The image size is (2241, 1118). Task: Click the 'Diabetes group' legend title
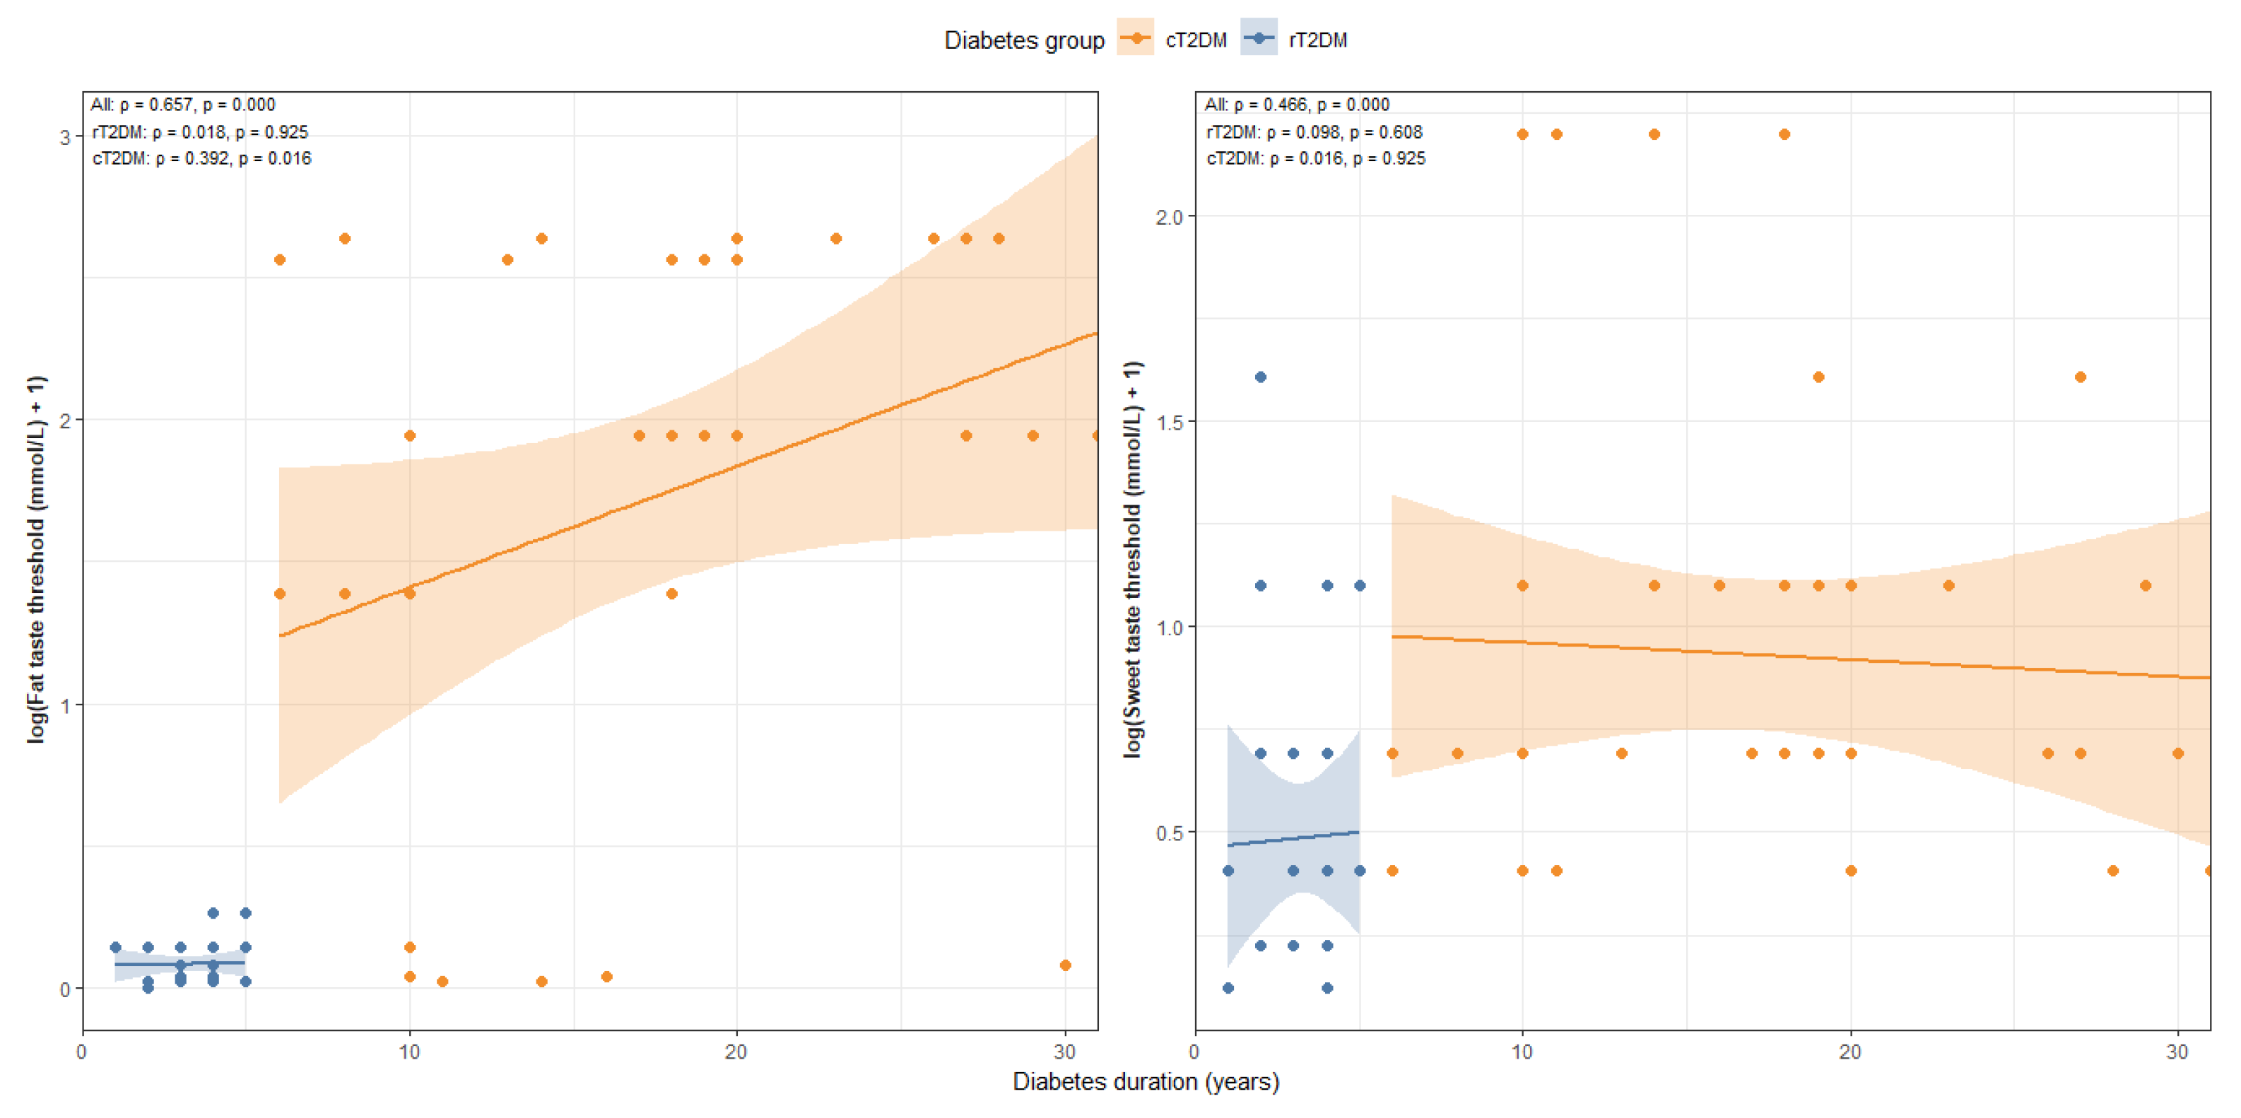point(1023,40)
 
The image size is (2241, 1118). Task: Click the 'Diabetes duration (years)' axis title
point(1145,1081)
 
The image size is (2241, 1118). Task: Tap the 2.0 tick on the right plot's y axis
point(1168,217)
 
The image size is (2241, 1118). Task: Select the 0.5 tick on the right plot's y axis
point(1168,832)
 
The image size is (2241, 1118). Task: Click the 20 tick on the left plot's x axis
point(736,1051)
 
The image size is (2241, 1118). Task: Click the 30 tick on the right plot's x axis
point(2177,1051)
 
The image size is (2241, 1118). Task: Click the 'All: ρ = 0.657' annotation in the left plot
point(183,105)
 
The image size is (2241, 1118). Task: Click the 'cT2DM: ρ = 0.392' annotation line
point(202,158)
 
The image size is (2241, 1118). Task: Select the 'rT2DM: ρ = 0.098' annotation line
point(1314,132)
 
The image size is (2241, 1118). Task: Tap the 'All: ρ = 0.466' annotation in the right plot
point(1296,105)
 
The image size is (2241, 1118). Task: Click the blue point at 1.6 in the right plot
point(1261,377)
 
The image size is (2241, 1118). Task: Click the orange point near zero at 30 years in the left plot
point(1065,965)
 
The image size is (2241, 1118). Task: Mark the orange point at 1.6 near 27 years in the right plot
point(2080,377)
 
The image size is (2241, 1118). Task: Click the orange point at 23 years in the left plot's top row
point(835,238)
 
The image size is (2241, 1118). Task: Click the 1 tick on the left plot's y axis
point(65,705)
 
